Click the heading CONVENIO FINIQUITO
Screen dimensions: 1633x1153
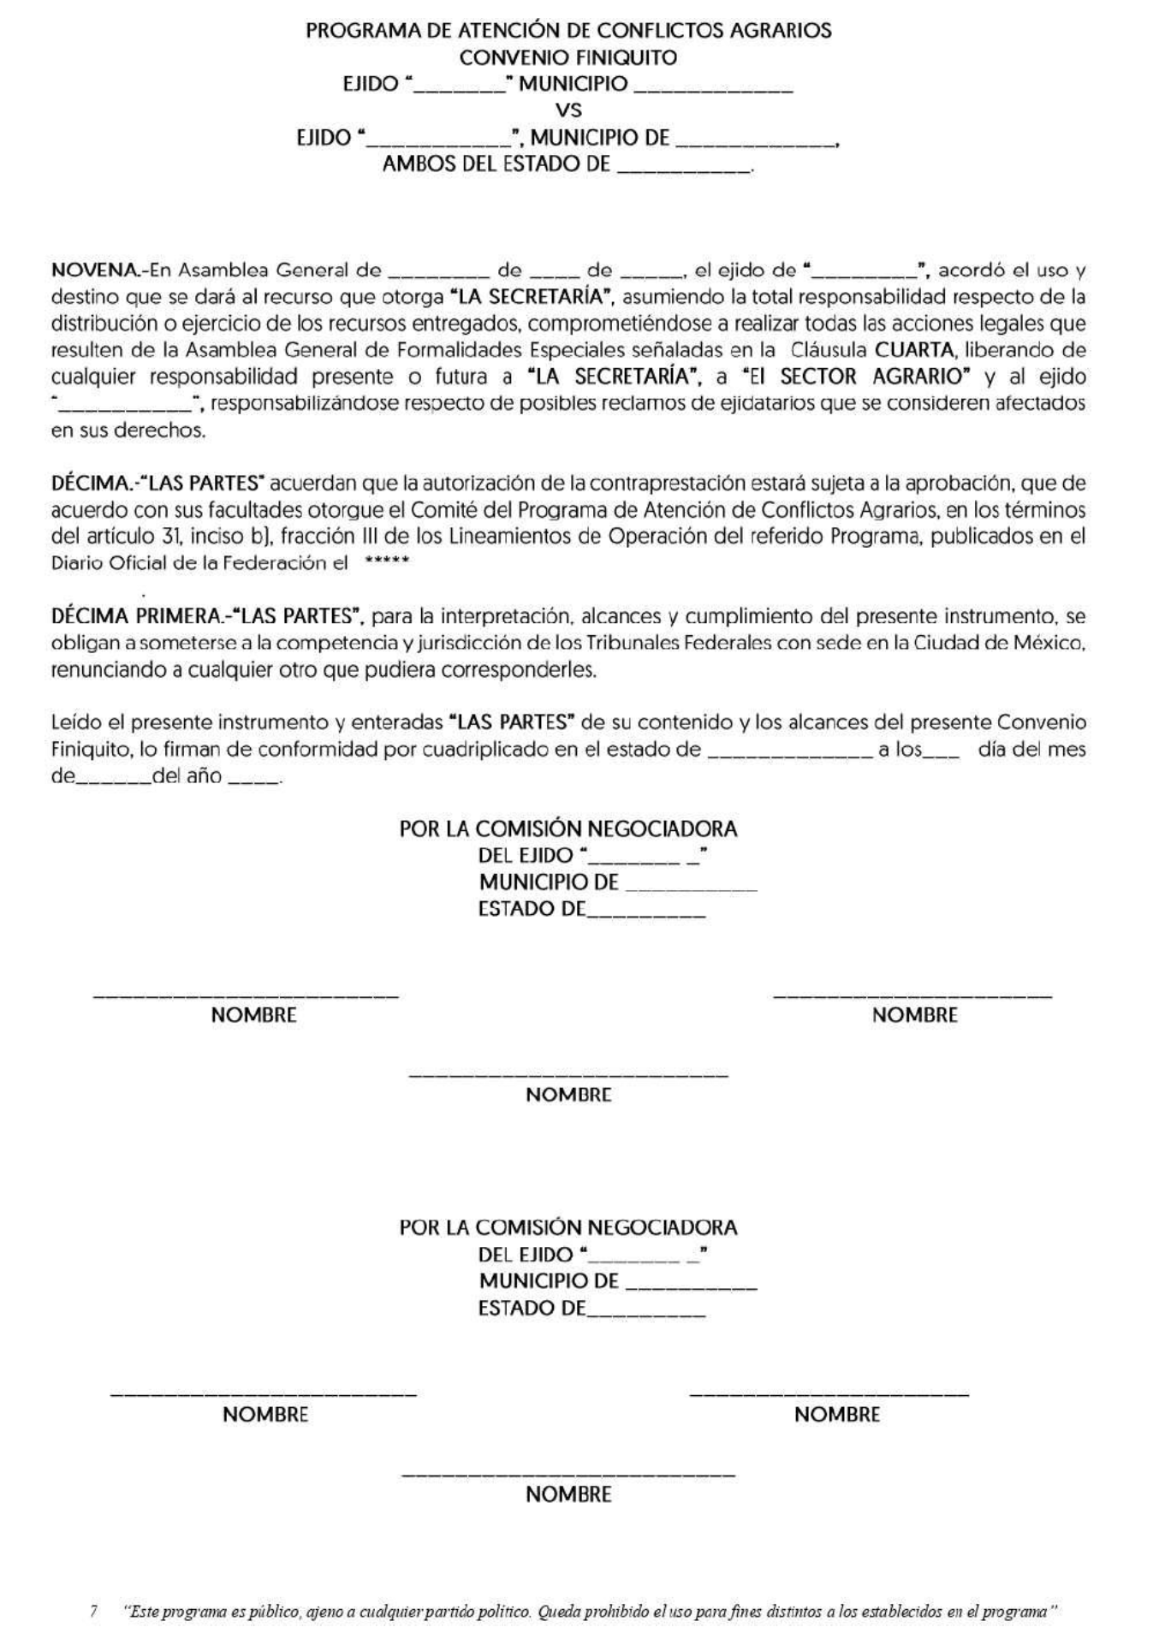point(568,57)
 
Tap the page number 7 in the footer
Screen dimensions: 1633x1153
point(93,1611)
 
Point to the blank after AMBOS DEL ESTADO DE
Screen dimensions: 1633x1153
point(682,166)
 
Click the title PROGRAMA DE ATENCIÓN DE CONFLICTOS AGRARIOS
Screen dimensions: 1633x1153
point(568,31)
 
